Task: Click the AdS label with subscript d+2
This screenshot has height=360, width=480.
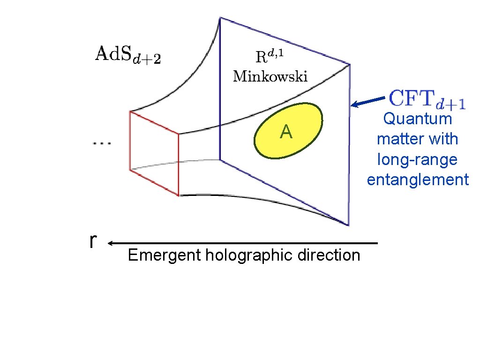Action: tap(128, 55)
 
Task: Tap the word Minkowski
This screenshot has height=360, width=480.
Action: tap(270, 76)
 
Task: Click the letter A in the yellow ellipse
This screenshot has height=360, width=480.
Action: tap(286, 133)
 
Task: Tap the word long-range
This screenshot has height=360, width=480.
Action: tap(417, 160)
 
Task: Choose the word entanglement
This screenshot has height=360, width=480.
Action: tap(418, 180)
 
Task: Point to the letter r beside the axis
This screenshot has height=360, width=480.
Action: tap(93, 241)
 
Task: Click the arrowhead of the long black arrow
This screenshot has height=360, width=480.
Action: tap(110, 243)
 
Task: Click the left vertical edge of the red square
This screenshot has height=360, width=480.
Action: tap(130, 141)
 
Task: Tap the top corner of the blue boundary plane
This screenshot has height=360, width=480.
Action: tap(220, 18)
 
